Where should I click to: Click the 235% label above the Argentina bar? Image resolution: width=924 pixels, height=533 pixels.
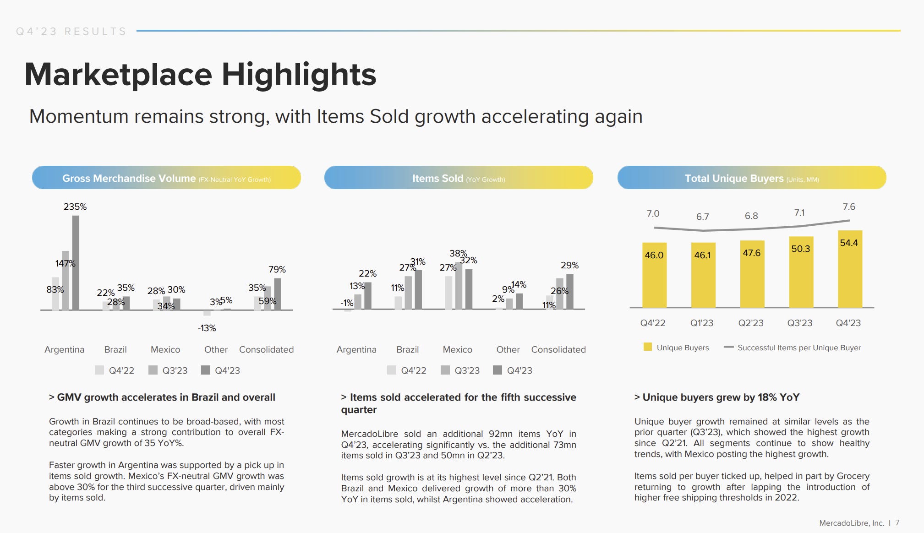click(75, 207)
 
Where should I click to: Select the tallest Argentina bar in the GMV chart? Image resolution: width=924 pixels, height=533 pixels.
click(76, 263)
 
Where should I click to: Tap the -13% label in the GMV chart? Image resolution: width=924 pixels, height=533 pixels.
click(207, 328)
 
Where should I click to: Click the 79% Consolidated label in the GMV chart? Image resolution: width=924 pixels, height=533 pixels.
click(277, 269)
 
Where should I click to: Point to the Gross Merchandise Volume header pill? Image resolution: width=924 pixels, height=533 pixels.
click(166, 178)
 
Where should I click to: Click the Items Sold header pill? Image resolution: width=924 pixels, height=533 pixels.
click(459, 178)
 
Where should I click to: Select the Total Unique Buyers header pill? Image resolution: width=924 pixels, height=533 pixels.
click(751, 178)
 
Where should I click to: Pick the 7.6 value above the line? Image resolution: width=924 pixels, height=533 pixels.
click(849, 207)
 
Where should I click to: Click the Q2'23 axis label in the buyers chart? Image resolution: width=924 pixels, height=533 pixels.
click(751, 323)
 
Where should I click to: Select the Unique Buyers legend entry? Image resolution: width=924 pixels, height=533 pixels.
click(677, 348)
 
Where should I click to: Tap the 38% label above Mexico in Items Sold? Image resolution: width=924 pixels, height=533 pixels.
click(458, 253)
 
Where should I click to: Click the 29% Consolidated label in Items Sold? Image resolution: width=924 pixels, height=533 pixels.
click(569, 265)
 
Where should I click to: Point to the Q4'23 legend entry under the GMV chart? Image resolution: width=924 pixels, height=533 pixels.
click(221, 370)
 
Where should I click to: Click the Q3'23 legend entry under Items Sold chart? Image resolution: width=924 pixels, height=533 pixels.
click(461, 370)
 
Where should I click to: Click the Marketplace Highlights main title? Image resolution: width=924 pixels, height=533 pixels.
click(200, 75)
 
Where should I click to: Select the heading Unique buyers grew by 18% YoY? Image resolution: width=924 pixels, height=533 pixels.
click(717, 397)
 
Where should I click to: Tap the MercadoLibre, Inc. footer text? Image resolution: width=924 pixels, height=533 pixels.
click(851, 523)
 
